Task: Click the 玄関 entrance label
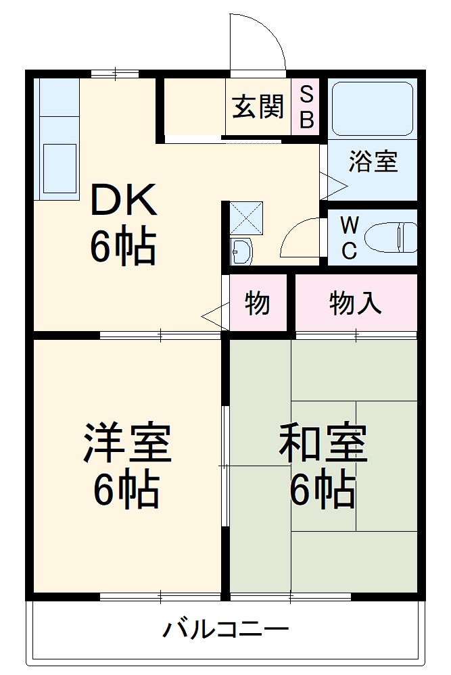258,107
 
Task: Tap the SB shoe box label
306,107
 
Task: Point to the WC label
348,238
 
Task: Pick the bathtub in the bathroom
373,109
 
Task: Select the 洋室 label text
126,443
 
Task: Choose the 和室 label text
324,443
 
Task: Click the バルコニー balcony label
225,631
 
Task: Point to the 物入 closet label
355,304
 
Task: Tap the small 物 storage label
257,304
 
